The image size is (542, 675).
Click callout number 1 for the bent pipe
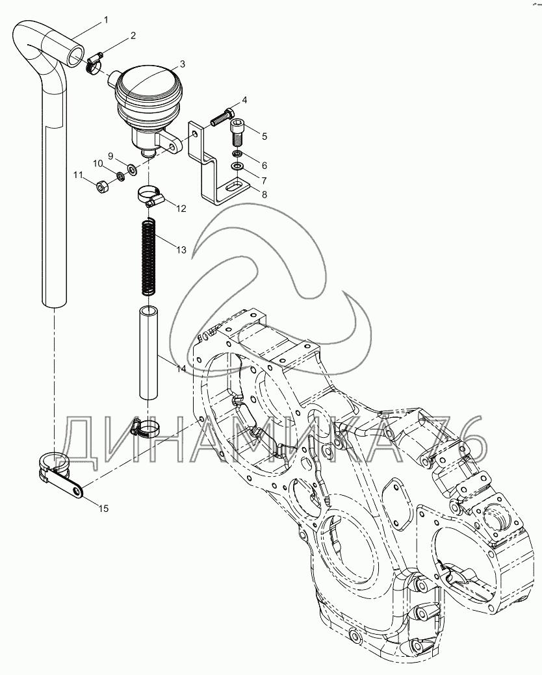tap(105, 21)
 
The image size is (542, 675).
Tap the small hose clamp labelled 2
tap(94, 62)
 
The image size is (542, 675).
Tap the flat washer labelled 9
tap(132, 170)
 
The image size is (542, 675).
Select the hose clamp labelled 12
tap(150, 194)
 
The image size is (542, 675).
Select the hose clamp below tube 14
tap(147, 427)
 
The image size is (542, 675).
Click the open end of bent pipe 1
tap(77, 51)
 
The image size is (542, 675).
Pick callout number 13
tap(180, 249)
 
